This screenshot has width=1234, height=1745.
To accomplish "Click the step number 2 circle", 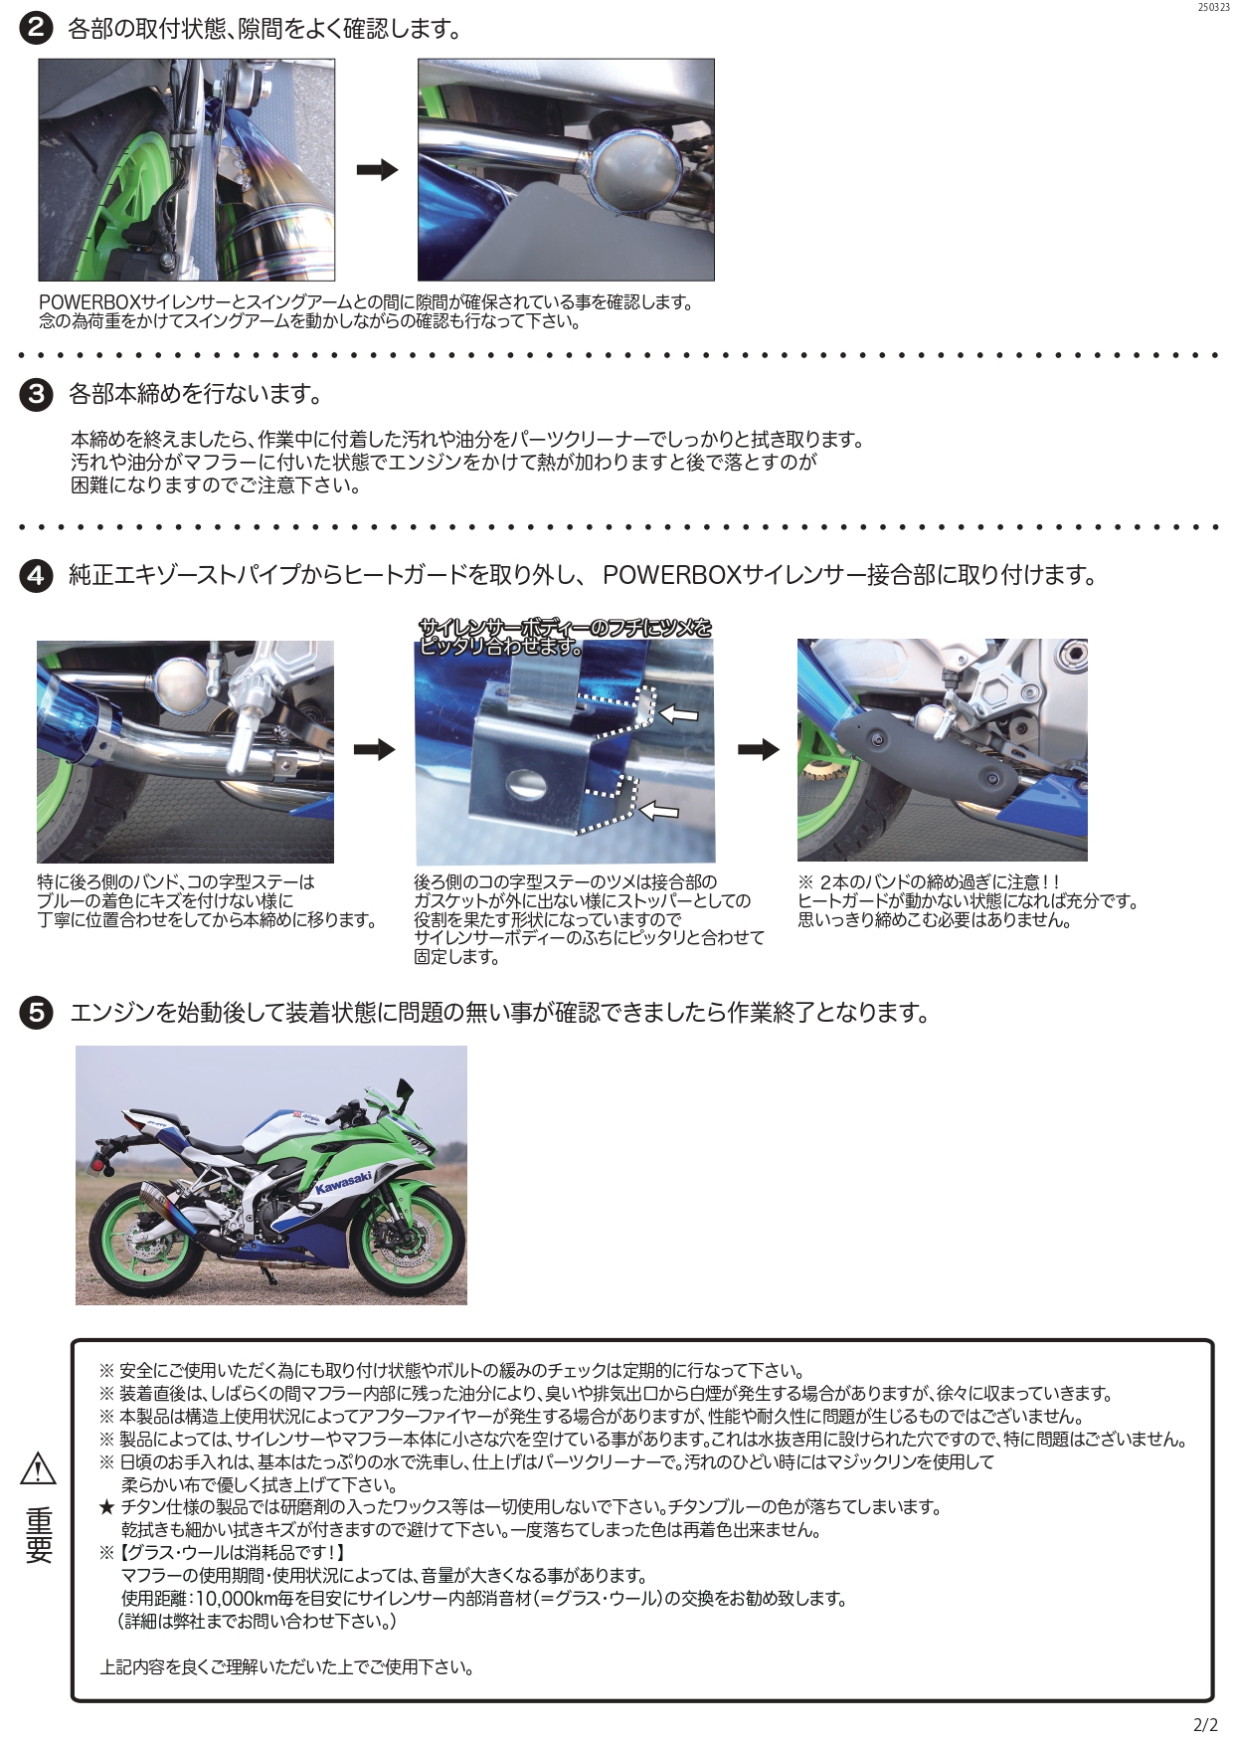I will (x=36, y=28).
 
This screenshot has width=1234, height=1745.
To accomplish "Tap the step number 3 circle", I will (x=36, y=394).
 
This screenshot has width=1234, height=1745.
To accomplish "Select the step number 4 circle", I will (x=36, y=575).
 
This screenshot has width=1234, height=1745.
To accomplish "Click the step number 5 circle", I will (x=36, y=1013).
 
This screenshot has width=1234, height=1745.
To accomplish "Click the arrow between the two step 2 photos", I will (x=377, y=170).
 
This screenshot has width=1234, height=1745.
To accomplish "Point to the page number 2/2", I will (x=1205, y=1725).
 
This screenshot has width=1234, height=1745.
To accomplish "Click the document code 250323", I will (x=1213, y=7).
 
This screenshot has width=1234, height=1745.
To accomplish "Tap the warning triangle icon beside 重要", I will (x=38, y=1468).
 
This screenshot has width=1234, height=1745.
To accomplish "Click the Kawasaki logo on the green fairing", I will (x=343, y=1183).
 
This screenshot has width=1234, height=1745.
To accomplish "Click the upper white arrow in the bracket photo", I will (x=678, y=713).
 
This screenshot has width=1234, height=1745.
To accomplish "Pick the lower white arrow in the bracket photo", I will (x=658, y=811).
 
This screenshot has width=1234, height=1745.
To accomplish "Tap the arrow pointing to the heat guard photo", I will (x=759, y=750).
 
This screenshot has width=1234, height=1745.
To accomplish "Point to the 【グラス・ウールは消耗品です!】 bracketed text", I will (x=232, y=1552).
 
